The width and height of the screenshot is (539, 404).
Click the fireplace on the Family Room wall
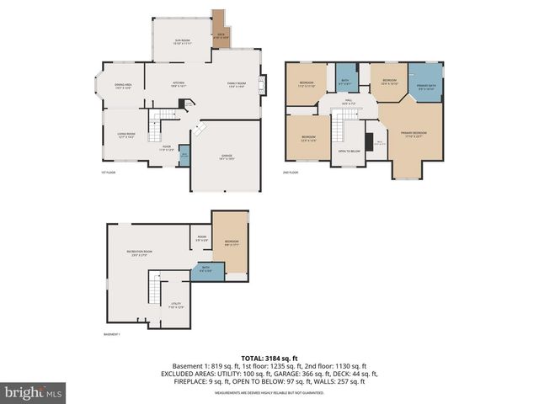[264, 84]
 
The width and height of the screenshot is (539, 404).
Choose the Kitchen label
[177, 84]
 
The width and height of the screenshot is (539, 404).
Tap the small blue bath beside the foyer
[184, 156]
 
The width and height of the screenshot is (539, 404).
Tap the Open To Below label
[349, 151]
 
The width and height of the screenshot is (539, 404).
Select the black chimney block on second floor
[369, 139]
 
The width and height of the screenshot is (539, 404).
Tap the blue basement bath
[206, 271]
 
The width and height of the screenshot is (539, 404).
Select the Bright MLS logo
[34, 392]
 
